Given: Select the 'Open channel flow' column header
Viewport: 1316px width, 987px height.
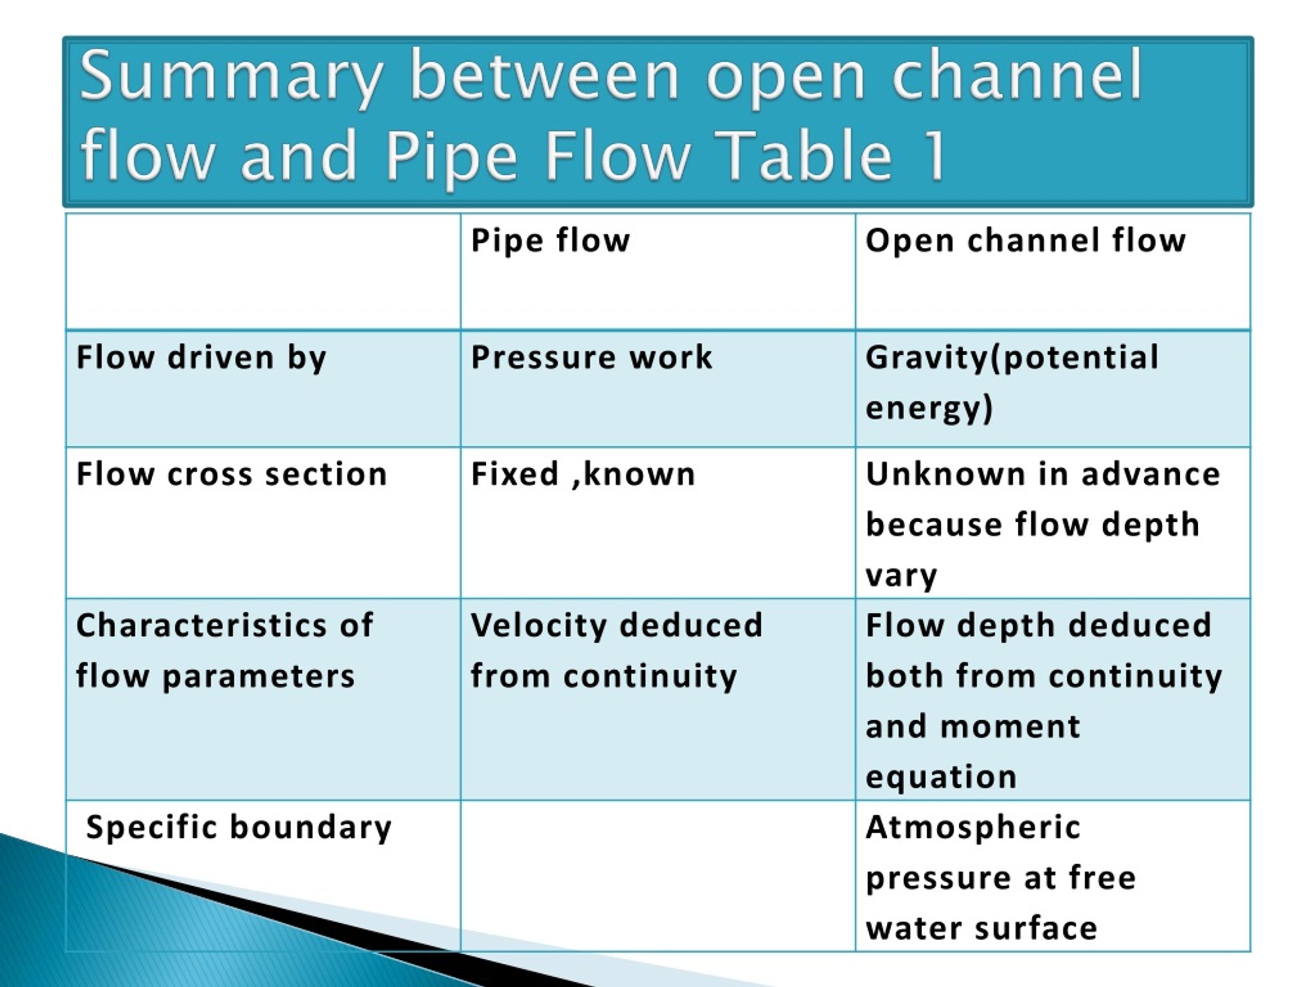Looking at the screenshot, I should tap(1025, 241).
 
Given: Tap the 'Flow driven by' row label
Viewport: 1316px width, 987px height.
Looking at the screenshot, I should tap(201, 358).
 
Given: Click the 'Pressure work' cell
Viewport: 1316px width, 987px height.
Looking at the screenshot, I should tap(591, 358).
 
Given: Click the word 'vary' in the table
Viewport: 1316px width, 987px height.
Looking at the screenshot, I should tap(901, 576).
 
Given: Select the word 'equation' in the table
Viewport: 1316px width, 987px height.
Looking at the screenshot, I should tap(941, 777).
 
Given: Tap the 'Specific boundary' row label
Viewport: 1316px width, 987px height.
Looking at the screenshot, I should tap(239, 828).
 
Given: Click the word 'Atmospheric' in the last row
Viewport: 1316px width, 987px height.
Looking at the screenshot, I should tap(973, 828).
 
